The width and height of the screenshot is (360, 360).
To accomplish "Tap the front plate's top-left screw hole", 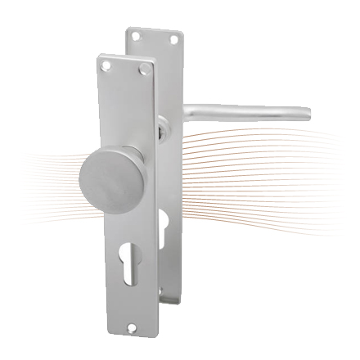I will point(105,62).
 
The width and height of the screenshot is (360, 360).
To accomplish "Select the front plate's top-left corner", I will point(97,56).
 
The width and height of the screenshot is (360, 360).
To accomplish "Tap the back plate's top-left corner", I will point(125,29).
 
